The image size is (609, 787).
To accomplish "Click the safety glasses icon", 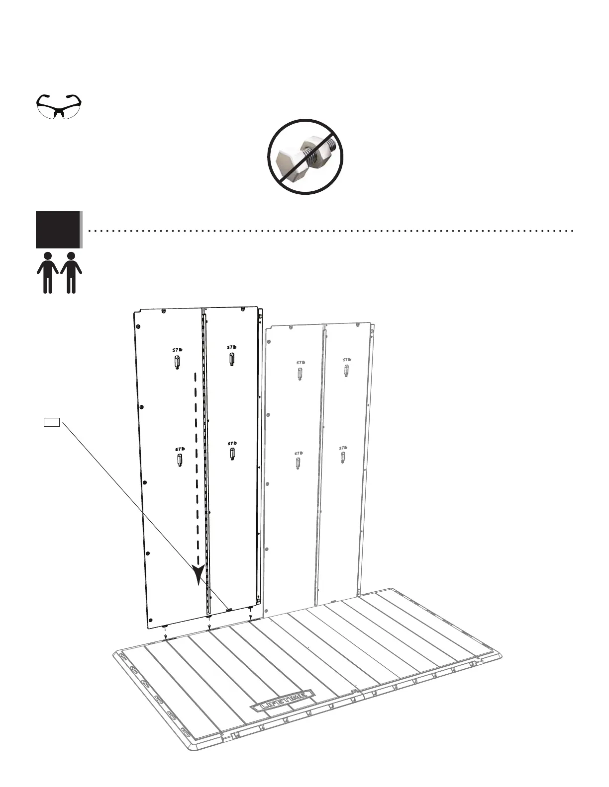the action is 59,106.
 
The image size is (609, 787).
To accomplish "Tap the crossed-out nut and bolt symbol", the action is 305,157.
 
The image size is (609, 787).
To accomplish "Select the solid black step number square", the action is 58,230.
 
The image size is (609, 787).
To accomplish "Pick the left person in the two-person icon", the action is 48,272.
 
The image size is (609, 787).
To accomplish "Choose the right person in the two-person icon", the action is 71,272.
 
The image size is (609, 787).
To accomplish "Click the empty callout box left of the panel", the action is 52,423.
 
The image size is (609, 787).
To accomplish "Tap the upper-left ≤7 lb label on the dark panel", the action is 178,350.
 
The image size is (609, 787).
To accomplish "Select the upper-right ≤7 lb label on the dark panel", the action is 232,347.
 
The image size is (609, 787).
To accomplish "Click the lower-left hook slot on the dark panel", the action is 179,461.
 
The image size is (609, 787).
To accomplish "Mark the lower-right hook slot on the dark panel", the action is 232,454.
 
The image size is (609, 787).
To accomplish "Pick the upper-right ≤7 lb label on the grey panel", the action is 346,360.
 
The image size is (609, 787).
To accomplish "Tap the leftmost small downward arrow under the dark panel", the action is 165,633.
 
